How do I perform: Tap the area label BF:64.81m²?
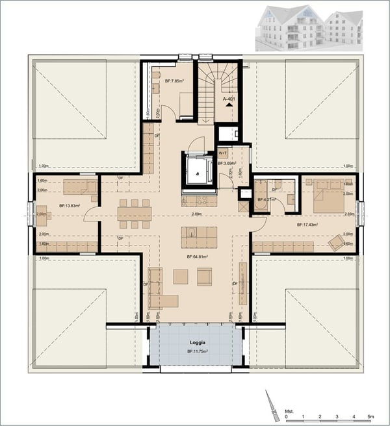(198, 257)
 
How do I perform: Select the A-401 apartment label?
(228, 99)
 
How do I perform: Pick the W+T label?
(223, 153)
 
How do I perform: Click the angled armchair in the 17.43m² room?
(337, 243)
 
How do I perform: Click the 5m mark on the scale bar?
(370, 416)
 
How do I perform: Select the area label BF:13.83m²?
(69, 206)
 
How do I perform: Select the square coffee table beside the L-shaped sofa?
(180, 277)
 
